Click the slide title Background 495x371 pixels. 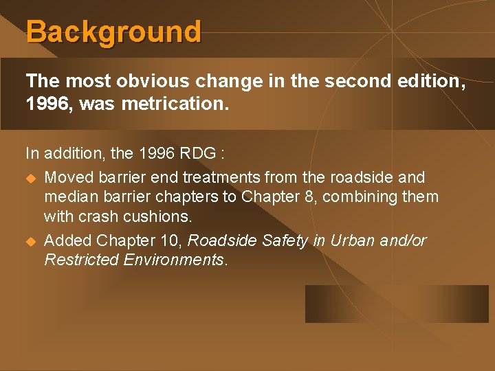[113, 32]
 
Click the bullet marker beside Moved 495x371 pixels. [30, 178]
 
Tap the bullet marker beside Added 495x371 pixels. [30, 241]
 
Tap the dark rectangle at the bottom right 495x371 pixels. [397, 304]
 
